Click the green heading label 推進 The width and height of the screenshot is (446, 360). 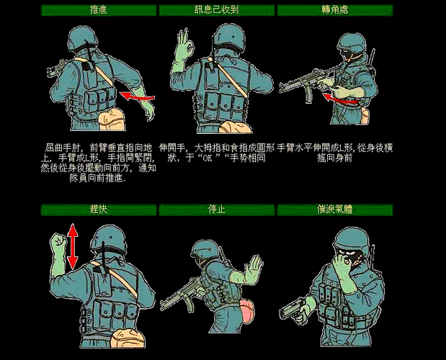point(98,10)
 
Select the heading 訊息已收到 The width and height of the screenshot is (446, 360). point(215,10)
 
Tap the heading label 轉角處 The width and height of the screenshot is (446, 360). point(334,10)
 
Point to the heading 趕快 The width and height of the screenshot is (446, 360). point(98,210)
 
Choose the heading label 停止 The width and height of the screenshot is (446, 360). point(215,210)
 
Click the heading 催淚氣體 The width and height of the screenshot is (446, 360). point(334,210)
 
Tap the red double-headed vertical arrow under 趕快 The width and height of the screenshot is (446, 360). point(72,246)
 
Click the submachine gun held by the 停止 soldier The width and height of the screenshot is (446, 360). point(177,292)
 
